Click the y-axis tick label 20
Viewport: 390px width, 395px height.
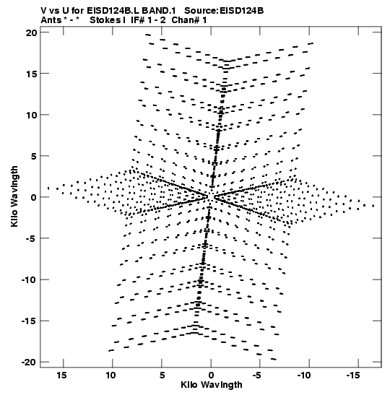tap(31, 32)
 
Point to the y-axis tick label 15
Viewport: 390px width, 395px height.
tap(32, 74)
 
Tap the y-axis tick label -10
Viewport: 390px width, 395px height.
tap(29, 279)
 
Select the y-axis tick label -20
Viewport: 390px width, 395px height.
tap(29, 363)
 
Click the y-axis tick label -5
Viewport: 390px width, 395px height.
tap(31, 238)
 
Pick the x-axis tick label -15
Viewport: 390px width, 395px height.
tap(352, 376)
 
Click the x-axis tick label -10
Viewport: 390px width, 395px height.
tap(304, 376)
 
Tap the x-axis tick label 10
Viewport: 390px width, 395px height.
tap(110, 376)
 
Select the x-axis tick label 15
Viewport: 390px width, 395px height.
tap(61, 376)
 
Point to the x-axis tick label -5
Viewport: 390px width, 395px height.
tap(257, 376)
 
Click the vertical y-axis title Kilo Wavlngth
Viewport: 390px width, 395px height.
tap(14, 196)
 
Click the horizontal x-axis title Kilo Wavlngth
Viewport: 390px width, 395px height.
tap(212, 385)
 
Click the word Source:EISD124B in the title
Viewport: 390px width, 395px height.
tap(224, 11)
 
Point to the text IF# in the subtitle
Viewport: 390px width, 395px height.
tap(137, 20)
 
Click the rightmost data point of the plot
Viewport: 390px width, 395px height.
tap(373, 206)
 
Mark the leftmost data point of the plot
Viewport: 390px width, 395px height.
tap(48, 188)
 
